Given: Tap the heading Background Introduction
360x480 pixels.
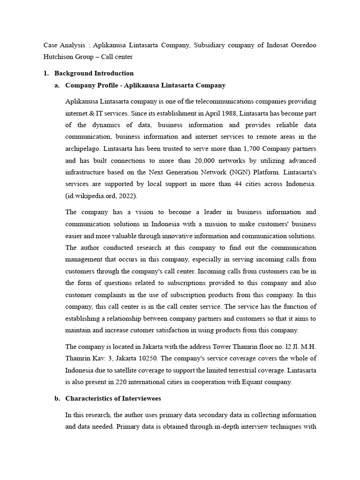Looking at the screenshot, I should [94, 73].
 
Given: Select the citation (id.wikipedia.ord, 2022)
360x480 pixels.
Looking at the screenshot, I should [97, 195].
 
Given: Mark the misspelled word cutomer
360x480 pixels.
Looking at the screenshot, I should [154, 330].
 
